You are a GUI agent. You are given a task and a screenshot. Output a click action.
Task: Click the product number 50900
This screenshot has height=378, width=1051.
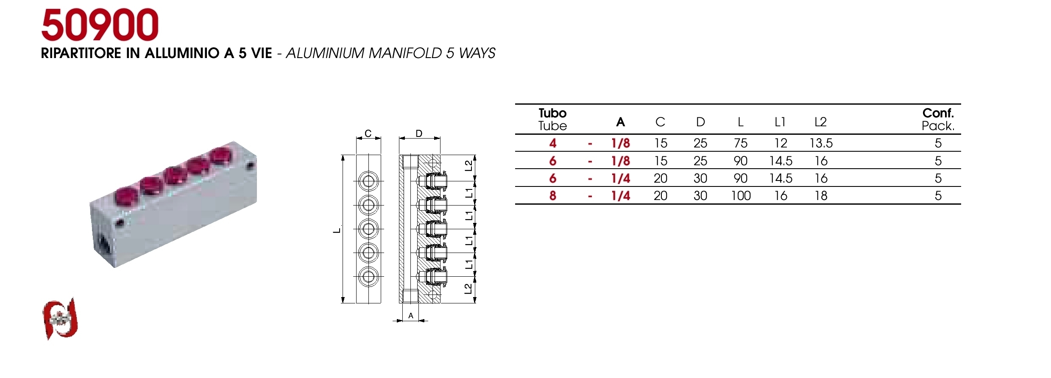click(100, 26)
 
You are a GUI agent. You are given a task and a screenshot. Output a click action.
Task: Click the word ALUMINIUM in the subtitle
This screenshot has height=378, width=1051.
click(325, 53)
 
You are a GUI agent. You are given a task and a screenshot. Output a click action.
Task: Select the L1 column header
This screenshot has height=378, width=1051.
click(780, 122)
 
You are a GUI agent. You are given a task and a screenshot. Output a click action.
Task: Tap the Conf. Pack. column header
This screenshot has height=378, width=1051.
click(938, 120)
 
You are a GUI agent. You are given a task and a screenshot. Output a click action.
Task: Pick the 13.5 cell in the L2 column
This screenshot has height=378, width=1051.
click(821, 143)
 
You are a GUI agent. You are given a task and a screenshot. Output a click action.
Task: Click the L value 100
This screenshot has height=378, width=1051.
click(741, 196)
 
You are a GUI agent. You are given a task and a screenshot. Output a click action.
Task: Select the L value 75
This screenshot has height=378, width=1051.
click(741, 143)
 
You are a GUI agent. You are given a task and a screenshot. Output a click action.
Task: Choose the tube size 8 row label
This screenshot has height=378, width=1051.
click(552, 196)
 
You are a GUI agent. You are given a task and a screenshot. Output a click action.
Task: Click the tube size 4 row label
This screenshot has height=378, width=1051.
click(552, 143)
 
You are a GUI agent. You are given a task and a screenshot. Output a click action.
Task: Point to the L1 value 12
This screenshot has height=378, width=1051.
click(781, 143)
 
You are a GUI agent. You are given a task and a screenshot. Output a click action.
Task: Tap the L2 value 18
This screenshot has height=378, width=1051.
click(821, 196)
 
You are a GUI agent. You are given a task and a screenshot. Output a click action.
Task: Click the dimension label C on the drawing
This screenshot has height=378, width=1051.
click(368, 133)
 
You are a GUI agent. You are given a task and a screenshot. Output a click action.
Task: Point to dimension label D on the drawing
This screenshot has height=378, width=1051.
click(419, 133)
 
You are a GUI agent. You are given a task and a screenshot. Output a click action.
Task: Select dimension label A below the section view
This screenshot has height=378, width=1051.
click(410, 316)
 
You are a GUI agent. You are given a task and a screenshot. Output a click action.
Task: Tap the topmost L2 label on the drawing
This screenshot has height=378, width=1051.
click(468, 165)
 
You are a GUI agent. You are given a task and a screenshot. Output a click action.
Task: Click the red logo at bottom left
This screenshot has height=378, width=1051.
click(60, 319)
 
